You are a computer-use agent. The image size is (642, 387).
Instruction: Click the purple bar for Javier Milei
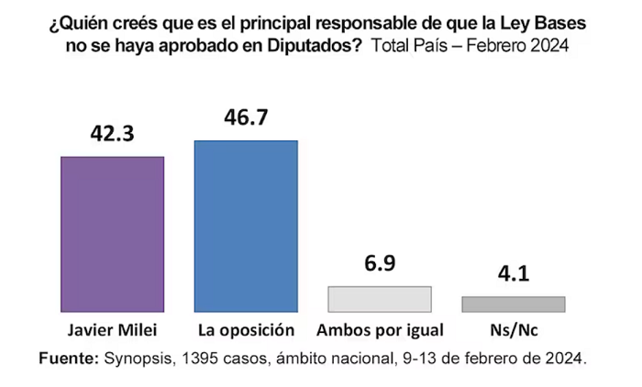click(x=113, y=234)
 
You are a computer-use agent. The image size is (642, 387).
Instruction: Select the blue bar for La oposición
click(x=246, y=227)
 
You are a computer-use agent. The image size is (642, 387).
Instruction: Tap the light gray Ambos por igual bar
click(x=380, y=299)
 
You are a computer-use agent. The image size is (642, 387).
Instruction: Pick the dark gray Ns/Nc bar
click(x=514, y=304)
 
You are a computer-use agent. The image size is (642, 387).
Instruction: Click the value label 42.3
click(x=112, y=134)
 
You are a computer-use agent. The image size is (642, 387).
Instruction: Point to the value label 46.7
click(x=246, y=117)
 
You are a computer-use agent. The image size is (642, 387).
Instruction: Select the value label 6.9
click(x=380, y=263)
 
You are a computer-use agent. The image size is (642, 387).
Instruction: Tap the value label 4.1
click(x=514, y=273)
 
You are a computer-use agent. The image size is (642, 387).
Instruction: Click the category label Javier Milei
click(x=112, y=330)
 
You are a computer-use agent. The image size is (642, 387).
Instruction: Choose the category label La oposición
click(x=246, y=330)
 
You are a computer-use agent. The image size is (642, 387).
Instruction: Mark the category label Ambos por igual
click(x=380, y=330)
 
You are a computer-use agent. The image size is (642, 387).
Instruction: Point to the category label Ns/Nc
click(x=514, y=330)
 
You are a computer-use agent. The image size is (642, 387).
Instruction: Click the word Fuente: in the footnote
click(x=69, y=359)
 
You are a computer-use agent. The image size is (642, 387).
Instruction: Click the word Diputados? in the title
click(x=315, y=46)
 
